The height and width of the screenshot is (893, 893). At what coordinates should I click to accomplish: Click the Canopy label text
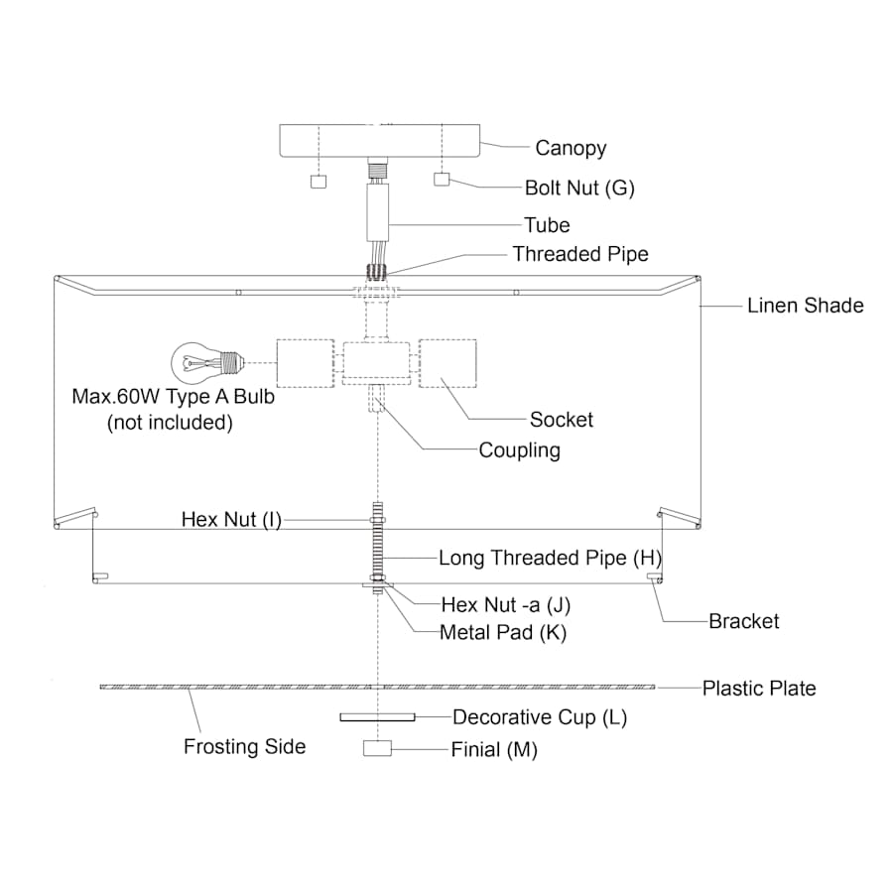571,149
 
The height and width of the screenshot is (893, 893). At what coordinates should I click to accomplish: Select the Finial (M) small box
378,749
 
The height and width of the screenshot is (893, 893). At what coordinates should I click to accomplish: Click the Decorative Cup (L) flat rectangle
377,716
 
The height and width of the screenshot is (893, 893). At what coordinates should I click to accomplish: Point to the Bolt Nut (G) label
579,188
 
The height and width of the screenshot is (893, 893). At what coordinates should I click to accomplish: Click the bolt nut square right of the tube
443,181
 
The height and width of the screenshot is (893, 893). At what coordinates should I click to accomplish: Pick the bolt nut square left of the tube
319,183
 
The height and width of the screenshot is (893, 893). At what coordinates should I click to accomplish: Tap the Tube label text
548,225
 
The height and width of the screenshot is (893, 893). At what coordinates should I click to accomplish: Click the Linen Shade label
806,306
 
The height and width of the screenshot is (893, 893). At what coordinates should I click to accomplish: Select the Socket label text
562,420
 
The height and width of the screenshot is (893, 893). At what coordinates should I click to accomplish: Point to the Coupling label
520,450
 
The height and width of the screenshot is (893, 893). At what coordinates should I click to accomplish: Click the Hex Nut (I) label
231,520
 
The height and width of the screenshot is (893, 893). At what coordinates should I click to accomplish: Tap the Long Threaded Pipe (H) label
548,559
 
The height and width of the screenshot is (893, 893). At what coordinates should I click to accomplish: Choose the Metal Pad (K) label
503,633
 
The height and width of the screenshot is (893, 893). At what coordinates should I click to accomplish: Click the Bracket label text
744,622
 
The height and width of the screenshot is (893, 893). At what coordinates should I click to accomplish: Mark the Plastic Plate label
759,689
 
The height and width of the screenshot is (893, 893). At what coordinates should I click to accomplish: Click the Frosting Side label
245,747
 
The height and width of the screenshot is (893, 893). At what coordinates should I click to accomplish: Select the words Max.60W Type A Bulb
172,397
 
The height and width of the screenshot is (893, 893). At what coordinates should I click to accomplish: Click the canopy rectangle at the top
379,140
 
